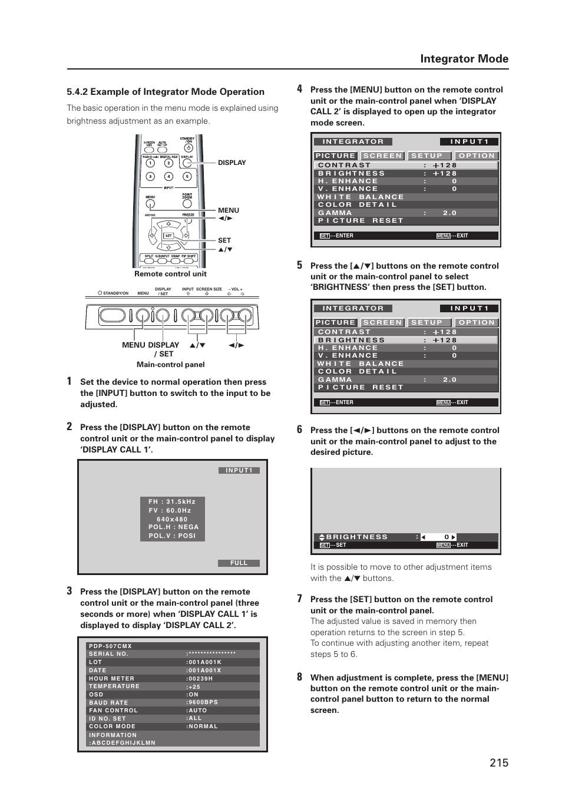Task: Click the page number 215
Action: coord(498,762)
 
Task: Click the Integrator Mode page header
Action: coord(464,59)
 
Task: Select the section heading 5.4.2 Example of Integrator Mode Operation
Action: coord(166,92)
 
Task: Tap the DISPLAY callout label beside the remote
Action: coord(232,163)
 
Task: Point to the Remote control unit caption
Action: coord(170,274)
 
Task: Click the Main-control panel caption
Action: coord(170,365)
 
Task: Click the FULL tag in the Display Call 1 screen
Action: coord(239,563)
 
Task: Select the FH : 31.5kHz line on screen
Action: coord(172,502)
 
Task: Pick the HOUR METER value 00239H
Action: coord(200,679)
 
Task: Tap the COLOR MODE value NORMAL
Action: coord(203,726)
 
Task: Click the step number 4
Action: coord(299,89)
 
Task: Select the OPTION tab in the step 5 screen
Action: coord(477,323)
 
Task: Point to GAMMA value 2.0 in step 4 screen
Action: coord(449,213)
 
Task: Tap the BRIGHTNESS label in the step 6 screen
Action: coord(357,537)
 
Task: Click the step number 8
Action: coord(299,677)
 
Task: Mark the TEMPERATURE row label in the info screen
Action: coord(114,686)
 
